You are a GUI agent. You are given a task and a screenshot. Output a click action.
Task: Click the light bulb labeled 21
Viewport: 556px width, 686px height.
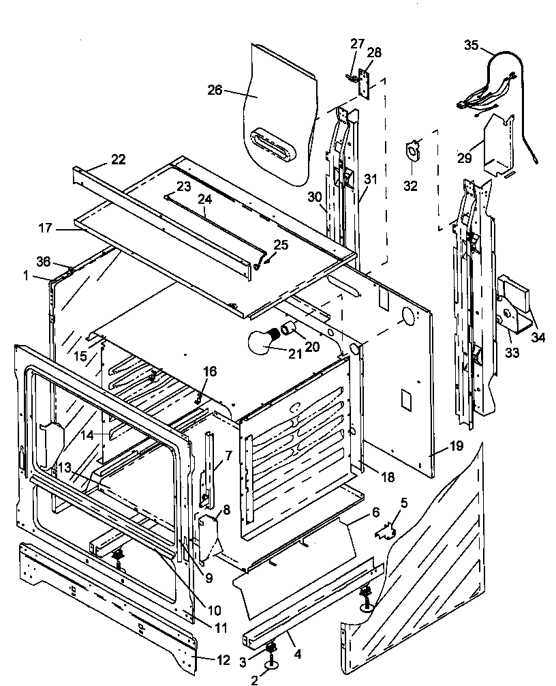tap(263, 341)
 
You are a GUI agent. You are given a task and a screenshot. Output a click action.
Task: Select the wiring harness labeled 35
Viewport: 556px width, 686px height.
tap(491, 95)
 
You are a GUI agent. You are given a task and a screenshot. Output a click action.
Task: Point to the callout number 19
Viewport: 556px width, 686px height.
tap(456, 447)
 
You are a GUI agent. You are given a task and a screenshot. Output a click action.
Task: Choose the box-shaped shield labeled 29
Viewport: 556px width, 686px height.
tap(497, 147)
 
